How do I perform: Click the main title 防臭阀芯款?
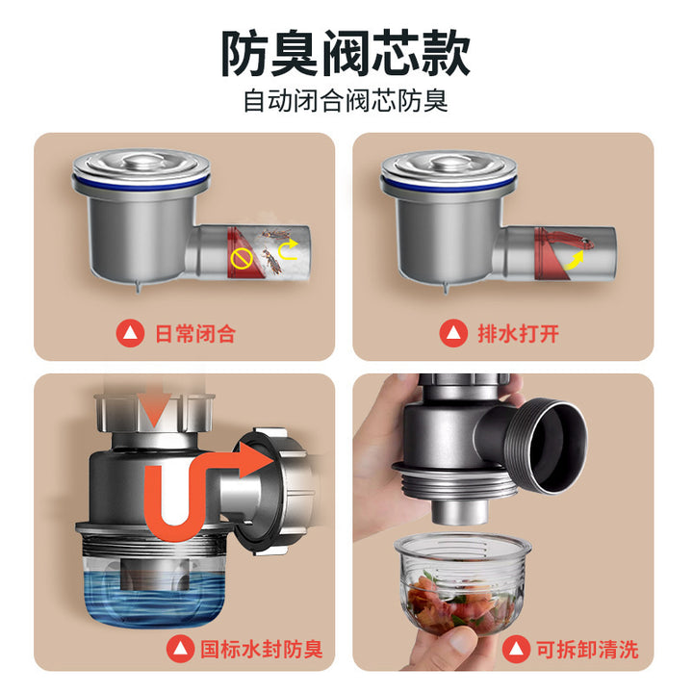click(346, 53)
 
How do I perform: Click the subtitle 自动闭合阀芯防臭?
click(346, 101)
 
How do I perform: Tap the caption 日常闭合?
click(194, 333)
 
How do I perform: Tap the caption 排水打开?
click(518, 333)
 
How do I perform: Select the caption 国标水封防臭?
click(261, 649)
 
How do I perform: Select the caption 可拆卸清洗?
click(587, 650)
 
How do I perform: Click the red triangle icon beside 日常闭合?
click(130, 333)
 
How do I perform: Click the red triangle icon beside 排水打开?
click(453, 333)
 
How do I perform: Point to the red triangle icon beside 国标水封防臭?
click(180, 649)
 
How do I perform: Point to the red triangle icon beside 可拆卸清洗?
click(516, 649)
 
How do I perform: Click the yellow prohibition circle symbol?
click(242, 258)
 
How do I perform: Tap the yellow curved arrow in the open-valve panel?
click(575, 261)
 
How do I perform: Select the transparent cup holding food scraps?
click(461, 583)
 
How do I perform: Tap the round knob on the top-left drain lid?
click(141, 161)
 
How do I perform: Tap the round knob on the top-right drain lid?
click(449, 162)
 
